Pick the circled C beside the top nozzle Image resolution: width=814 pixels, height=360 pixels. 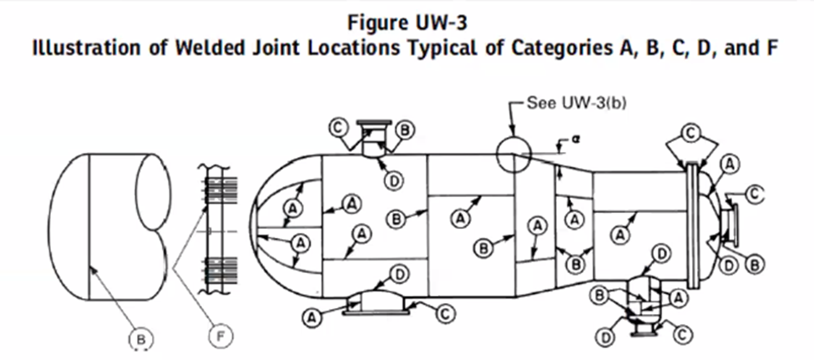coord(339,127)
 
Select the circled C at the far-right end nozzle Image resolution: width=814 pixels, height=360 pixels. coord(755,195)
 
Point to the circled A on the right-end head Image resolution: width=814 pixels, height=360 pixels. coord(730,165)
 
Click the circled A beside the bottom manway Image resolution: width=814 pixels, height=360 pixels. coord(311,317)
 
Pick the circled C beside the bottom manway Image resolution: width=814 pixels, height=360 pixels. coord(445,312)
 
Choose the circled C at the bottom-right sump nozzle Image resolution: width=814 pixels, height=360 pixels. coord(683,334)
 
